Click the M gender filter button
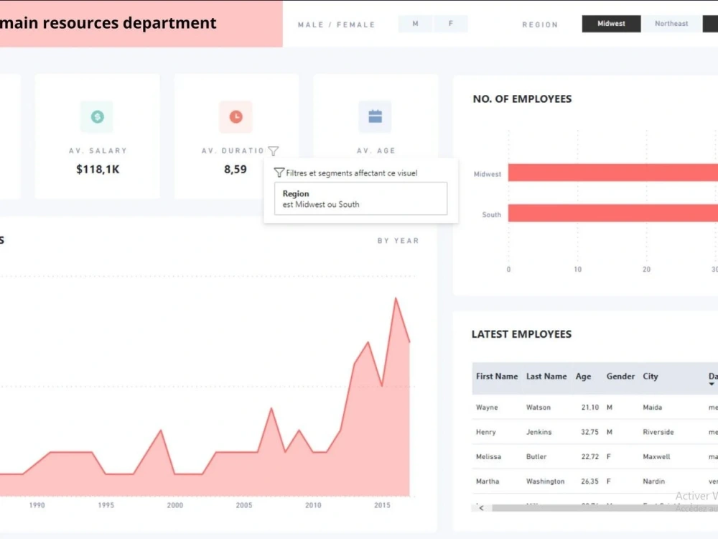pos(415,24)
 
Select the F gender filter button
pos(451,24)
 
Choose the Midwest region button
pos(611,24)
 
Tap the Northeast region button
pos(671,24)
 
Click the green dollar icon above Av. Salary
pos(97,116)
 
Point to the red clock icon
pos(236,116)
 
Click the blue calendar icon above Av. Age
pos(375,116)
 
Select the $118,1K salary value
pos(97,170)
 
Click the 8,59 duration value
pos(236,170)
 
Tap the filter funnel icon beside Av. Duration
pos(273,151)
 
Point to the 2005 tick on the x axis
pos(244,505)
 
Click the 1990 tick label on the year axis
pos(37,505)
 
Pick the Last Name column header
pos(546,377)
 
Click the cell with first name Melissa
pos(488,456)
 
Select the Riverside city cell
pos(658,432)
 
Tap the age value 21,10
pos(590,407)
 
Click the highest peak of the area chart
pos(395,298)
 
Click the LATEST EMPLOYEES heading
pos(521,334)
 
